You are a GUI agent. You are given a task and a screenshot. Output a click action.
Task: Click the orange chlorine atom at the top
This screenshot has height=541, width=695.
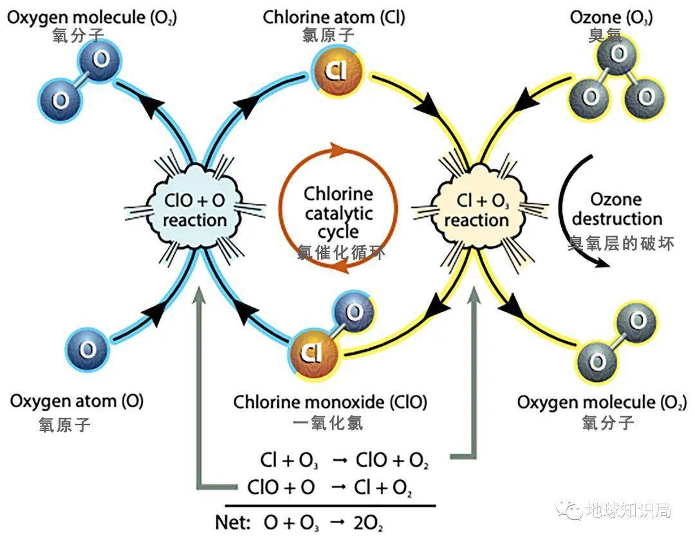(337, 71)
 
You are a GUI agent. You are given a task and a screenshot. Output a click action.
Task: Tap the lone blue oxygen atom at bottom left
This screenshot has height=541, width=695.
(87, 349)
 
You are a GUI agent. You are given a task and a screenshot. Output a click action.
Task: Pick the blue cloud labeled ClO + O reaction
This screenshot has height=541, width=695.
(195, 209)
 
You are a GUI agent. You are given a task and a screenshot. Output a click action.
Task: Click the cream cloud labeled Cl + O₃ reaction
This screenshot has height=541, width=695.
(476, 209)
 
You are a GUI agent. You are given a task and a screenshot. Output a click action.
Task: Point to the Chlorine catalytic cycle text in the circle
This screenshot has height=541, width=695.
(338, 212)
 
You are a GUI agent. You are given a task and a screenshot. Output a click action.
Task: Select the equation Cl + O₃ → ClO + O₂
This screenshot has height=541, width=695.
(344, 461)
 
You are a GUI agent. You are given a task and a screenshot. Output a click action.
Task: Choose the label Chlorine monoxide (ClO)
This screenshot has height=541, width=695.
(329, 403)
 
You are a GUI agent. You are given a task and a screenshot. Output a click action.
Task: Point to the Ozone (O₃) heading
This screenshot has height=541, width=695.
(611, 17)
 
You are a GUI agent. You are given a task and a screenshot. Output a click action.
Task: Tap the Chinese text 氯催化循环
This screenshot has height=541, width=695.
(341, 253)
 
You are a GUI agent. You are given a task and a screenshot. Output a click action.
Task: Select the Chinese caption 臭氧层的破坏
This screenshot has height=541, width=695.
(621, 243)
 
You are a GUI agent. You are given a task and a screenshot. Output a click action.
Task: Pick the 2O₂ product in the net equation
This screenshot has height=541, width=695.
(368, 522)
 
